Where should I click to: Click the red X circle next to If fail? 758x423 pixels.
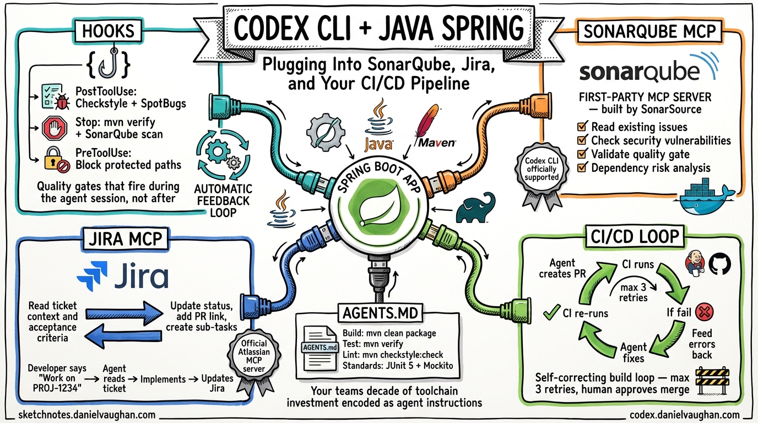tap(705, 313)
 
